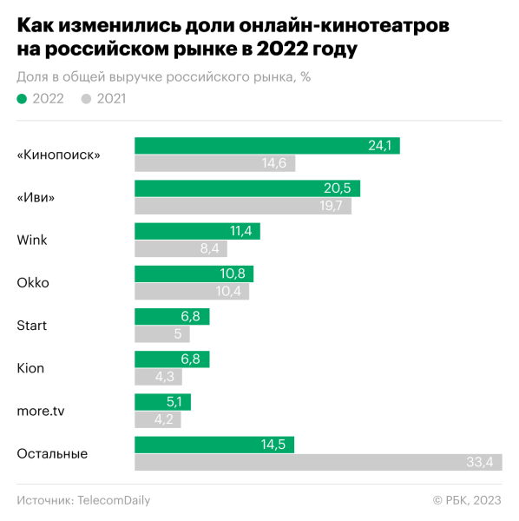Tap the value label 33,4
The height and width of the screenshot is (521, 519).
click(479, 462)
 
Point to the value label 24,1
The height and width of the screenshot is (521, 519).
click(380, 146)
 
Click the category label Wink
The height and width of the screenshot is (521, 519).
click(33, 240)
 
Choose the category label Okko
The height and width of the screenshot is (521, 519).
click(33, 282)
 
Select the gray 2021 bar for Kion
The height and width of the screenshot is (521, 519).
click(156, 377)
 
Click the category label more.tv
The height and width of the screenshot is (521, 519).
click(41, 410)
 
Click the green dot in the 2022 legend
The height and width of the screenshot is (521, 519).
click(22, 99)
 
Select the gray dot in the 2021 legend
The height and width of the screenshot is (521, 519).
click(86, 99)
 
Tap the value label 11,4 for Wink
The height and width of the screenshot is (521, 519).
click(240, 231)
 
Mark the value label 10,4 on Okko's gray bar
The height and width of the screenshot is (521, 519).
click(233, 291)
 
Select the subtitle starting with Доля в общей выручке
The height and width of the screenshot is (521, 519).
click(163, 76)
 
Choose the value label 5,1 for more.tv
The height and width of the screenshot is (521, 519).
click(174, 402)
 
